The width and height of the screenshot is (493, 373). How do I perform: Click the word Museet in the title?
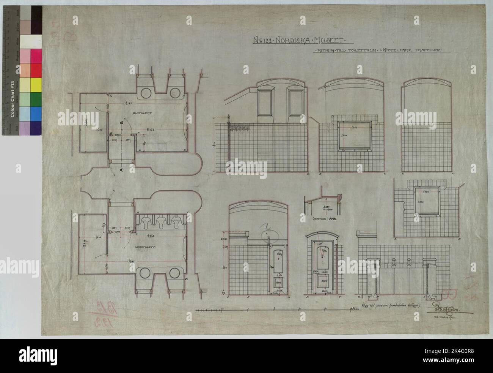pos(335,40)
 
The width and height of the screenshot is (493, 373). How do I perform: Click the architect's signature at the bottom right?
pos(446,311)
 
